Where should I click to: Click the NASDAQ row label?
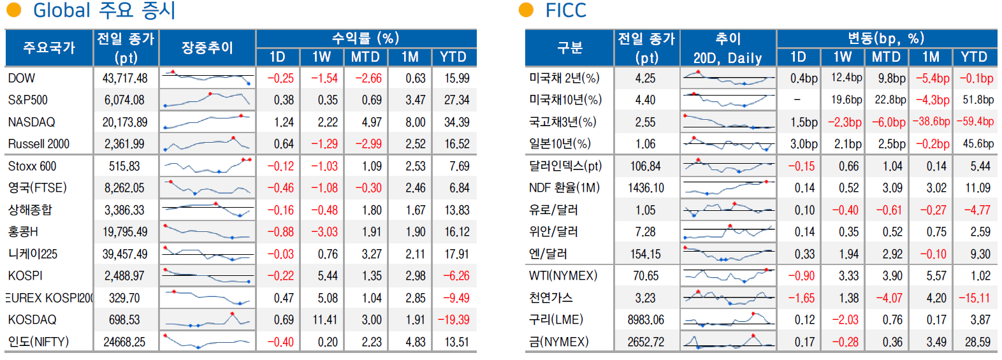click(31, 122)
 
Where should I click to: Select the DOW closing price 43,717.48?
click(125, 78)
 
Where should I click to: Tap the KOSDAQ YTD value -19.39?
click(453, 320)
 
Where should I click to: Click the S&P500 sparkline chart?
click(207, 100)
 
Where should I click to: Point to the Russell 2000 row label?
click(38, 144)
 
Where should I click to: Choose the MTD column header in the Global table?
click(365, 57)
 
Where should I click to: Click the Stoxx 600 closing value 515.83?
click(124, 166)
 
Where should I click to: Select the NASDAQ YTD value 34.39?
click(456, 122)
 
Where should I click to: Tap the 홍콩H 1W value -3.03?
click(324, 232)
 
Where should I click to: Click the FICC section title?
click(565, 11)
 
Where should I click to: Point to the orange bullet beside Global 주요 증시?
click(13, 10)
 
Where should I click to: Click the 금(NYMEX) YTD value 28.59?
click(977, 342)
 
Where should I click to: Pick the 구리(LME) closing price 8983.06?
click(645, 320)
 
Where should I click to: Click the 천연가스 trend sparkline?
click(728, 298)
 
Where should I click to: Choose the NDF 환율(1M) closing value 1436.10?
click(645, 188)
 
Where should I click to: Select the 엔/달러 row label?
click(548, 254)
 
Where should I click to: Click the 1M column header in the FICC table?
click(931, 57)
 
